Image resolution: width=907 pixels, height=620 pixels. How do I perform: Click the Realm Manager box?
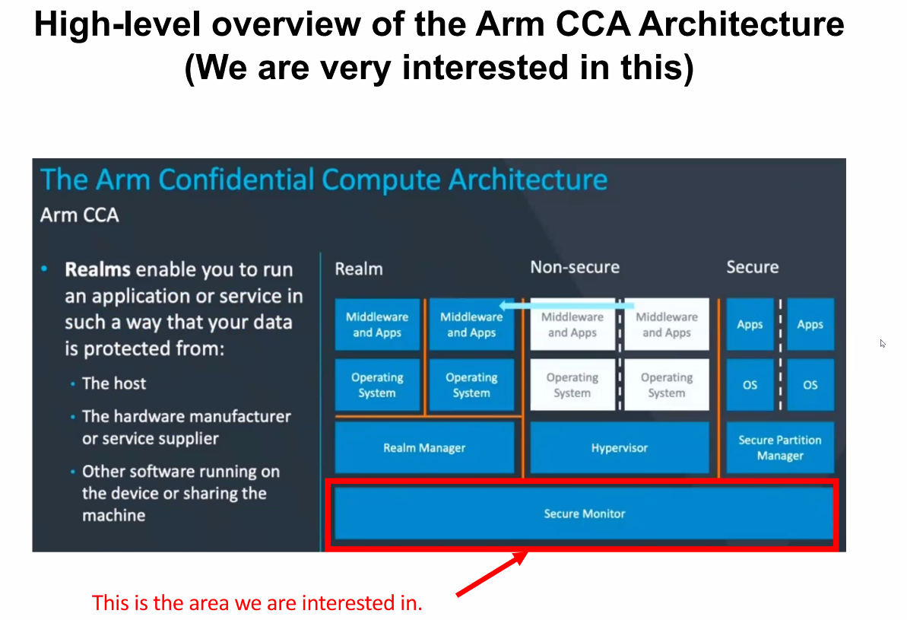[424, 448]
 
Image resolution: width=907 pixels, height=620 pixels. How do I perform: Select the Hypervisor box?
[619, 448]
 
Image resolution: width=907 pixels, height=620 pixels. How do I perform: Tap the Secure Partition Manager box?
[780, 448]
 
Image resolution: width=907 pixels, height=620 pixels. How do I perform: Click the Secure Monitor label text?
[584, 514]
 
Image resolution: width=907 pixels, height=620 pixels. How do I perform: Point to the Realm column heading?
[359, 269]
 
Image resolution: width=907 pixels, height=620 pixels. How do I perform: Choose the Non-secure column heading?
[575, 267]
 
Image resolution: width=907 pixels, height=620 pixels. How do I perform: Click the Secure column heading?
[752, 267]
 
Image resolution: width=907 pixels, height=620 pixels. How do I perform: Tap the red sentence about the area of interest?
[257, 603]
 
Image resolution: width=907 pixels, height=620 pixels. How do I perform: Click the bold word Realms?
[98, 270]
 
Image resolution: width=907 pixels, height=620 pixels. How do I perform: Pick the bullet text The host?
[114, 383]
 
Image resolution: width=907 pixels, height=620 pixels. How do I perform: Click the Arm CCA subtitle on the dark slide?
[79, 215]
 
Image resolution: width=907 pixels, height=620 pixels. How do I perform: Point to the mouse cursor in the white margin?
[883, 343]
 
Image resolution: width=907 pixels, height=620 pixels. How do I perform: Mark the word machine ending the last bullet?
[113, 515]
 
